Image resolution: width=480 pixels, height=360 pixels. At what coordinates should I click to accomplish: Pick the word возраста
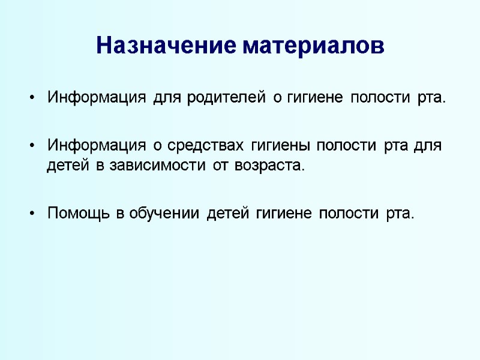(273, 166)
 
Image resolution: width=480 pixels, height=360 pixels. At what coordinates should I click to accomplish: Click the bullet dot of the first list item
(31, 98)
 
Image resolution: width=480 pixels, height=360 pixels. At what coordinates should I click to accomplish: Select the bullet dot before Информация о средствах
(31, 146)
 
